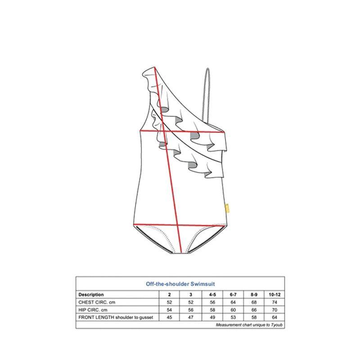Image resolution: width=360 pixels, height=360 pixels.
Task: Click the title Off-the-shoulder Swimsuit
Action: pos(180,284)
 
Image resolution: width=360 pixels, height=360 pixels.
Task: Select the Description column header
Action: pos(91,294)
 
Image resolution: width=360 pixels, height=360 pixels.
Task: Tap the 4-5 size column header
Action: pos(212,294)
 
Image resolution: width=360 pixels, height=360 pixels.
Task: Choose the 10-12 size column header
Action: pos(274,294)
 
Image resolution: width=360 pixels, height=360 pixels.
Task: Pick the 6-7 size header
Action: pos(233,294)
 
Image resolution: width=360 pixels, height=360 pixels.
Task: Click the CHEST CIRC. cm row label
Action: pos(97,302)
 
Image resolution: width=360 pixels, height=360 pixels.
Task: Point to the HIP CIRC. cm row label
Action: pos(93,310)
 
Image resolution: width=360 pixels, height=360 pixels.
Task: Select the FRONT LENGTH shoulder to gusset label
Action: pos(116,317)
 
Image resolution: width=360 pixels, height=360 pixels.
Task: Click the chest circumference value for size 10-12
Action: pos(274,302)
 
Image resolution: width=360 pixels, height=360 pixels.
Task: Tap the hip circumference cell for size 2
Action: pos(169,310)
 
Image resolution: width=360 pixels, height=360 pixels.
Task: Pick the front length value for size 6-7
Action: pos(233,317)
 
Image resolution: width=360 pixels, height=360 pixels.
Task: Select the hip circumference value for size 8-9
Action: pos(254,310)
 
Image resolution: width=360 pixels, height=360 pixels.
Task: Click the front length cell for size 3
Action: pos(190,317)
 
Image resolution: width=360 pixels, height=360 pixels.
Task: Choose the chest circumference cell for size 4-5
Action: pos(212,302)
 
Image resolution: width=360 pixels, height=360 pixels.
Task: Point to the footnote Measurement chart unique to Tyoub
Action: pos(249,324)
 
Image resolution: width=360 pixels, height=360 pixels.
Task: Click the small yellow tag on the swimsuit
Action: pos(227,208)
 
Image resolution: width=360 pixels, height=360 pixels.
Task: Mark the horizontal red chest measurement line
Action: pos(182,131)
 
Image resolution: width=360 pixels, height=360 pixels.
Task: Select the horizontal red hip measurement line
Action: pos(179,225)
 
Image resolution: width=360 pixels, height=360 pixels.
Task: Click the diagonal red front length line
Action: pos(168,159)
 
